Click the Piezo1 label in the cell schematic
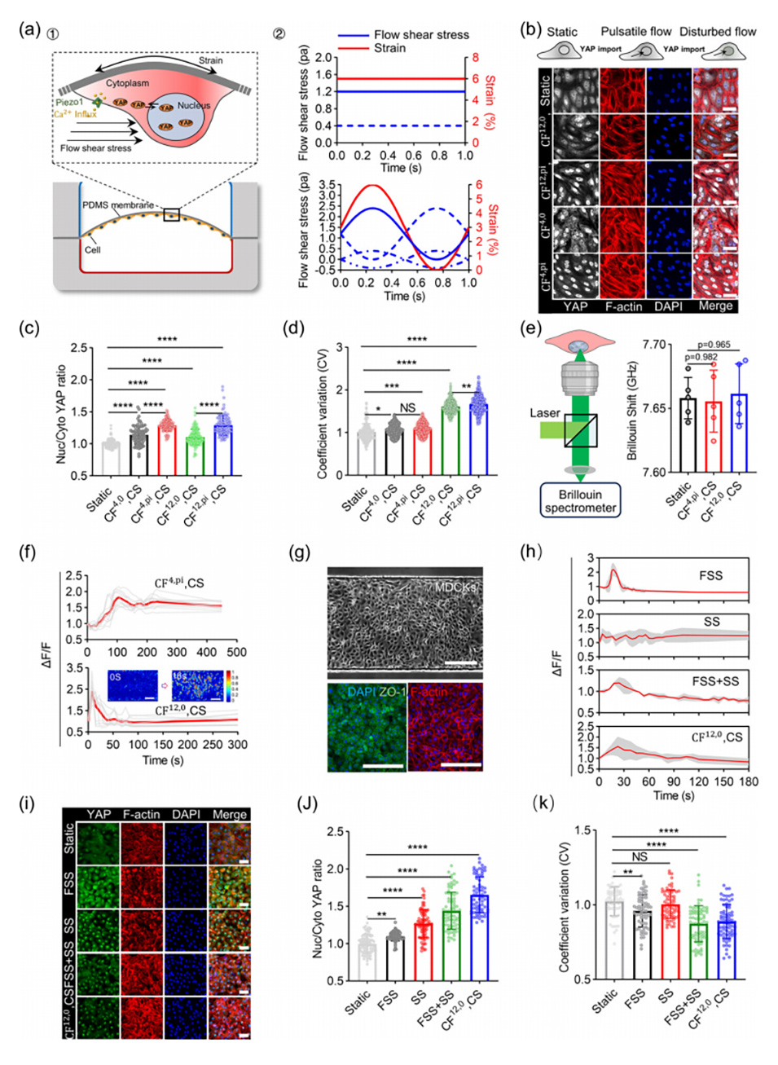point(69,103)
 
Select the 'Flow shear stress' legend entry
point(421,35)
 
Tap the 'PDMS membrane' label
point(118,205)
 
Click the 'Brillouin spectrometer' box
point(580,500)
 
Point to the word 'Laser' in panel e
point(544,413)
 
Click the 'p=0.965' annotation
point(714,345)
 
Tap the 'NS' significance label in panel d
point(407,408)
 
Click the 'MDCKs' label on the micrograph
point(455,587)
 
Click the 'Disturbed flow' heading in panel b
point(718,32)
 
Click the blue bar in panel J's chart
point(480,937)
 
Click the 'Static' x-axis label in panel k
point(604,1001)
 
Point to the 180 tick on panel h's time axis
point(748,781)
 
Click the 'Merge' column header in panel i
point(230,814)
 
